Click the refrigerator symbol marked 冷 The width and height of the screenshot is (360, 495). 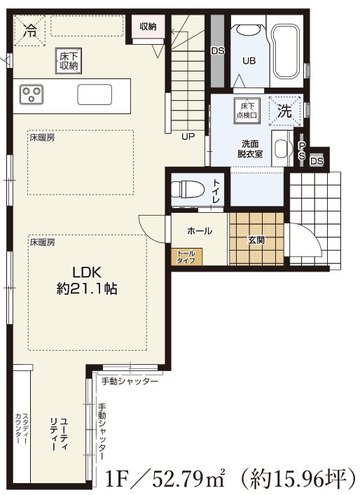coord(30,30)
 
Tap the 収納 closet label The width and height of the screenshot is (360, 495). coord(147,27)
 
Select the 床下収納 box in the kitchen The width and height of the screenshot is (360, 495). coord(68,60)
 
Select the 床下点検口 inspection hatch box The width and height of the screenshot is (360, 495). coord(247,108)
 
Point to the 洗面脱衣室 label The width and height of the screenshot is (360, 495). coord(249,148)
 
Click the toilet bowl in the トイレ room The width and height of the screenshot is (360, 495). coord(188,188)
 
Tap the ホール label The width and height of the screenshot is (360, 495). coord(200,230)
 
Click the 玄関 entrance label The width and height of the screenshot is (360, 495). coord(256,239)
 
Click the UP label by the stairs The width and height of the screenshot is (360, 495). coord(188,137)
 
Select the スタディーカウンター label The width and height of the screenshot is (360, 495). coord(21,428)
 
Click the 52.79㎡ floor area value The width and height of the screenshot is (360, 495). coord(181,480)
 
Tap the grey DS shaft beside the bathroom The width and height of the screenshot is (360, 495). coord(217,50)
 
